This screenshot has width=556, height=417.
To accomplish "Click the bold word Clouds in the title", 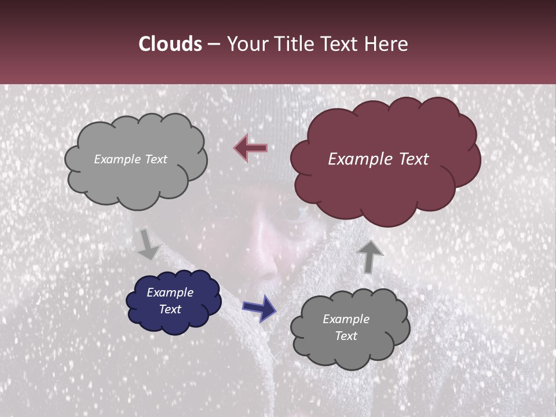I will pyautogui.click(x=170, y=44).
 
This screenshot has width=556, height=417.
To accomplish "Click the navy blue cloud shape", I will pyautogui.click(x=173, y=301).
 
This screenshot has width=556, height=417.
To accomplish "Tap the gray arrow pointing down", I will pyautogui.click(x=148, y=244).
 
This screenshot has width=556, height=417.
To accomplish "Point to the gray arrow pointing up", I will pyautogui.click(x=370, y=255).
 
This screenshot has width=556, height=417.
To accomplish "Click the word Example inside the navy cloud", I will pyautogui.click(x=170, y=292).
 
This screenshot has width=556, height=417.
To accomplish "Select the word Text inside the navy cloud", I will pyautogui.click(x=170, y=309).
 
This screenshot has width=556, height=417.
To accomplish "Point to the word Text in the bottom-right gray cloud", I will pyautogui.click(x=346, y=336).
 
